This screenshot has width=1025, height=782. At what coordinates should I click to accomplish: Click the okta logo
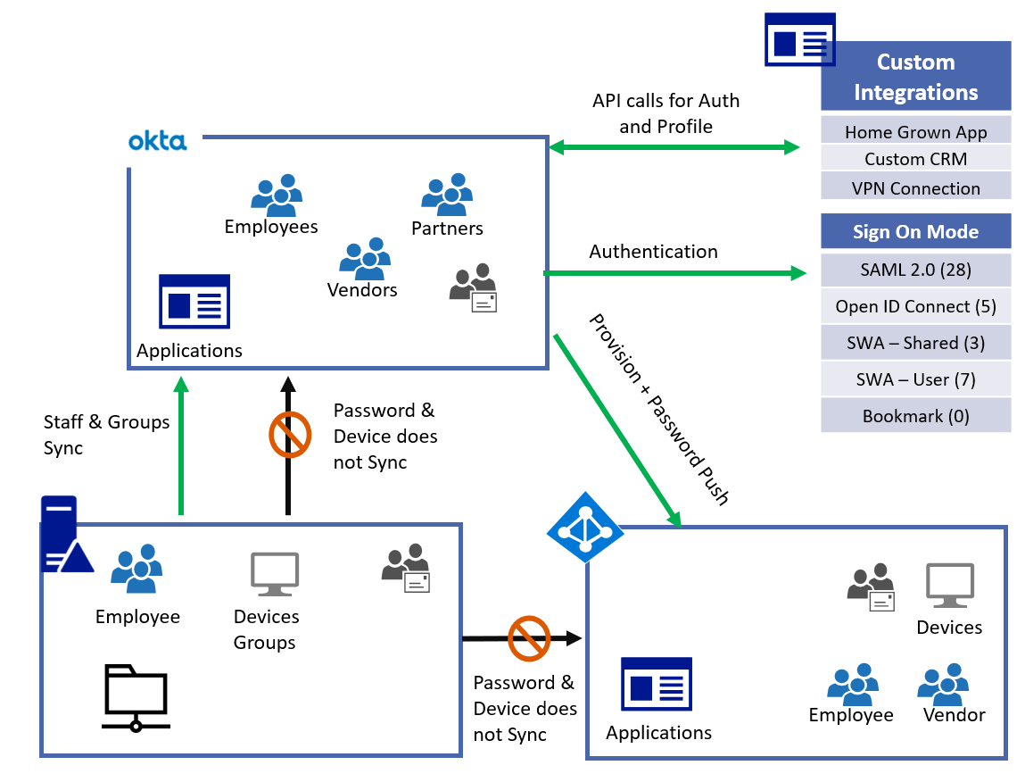pos(157,141)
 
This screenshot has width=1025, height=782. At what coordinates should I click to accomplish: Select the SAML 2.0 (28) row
pos(915,270)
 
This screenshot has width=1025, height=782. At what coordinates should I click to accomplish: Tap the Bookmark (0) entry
pos(915,416)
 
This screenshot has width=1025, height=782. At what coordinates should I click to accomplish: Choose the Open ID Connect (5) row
pos(915,306)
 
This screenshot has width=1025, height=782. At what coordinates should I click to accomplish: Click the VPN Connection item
pos(915,188)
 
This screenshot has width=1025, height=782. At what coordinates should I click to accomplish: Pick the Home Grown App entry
pos(915,132)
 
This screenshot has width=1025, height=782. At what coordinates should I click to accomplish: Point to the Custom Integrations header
pos(915,77)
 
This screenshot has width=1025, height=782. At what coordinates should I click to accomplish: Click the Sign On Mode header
pos(915,232)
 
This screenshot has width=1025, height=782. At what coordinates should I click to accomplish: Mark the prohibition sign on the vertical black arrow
pos(289,435)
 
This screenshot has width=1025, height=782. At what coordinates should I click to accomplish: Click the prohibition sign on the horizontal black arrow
pos(528,638)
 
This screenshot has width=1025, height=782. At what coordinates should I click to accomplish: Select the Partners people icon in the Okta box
pos(446,195)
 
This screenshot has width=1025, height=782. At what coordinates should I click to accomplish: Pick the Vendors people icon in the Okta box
pos(364,259)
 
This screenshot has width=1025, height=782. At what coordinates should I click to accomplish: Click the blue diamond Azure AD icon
pos(584,527)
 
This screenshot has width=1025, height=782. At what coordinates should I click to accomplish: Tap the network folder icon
pos(136,697)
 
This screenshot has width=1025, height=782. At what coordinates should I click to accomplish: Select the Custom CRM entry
pos(915,160)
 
